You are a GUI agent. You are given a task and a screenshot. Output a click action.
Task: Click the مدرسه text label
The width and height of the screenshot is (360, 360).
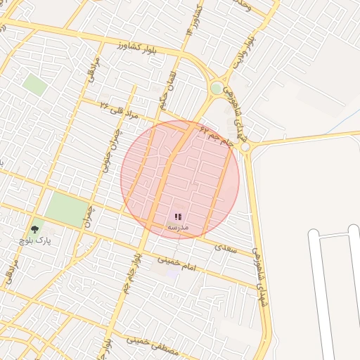click(x=178, y=227)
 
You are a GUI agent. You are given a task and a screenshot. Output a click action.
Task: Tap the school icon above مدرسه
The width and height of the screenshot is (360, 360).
click(x=178, y=217)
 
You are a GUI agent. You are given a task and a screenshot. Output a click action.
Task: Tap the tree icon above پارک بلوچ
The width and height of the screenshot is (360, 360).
click(x=34, y=229)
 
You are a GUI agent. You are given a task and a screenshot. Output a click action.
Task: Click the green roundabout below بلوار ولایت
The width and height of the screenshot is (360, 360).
click(x=217, y=88)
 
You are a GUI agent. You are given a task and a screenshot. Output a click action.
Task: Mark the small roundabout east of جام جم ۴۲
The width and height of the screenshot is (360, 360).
click(x=245, y=147)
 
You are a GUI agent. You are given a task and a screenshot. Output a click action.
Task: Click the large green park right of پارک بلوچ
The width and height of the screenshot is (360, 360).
click(x=67, y=209)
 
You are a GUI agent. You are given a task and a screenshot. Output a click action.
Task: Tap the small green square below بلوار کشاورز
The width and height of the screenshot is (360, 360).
click(x=34, y=84)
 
